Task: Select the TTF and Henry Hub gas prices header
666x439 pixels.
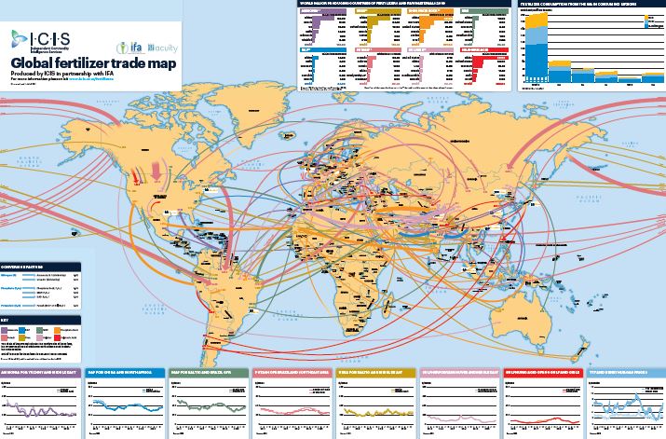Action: tap(624, 371)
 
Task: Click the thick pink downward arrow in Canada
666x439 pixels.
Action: tap(154, 173)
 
